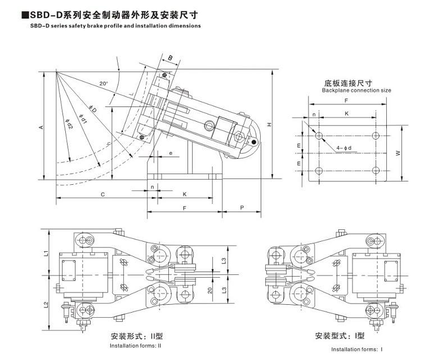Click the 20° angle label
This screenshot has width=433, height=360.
[103, 83]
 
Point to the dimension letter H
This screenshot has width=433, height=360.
[270, 124]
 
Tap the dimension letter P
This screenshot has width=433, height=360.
[241, 207]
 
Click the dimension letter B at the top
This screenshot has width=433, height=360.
[170, 57]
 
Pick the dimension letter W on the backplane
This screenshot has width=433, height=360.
[398, 152]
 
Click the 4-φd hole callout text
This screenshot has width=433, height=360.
[344, 148]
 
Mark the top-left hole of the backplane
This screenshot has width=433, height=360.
[319, 135]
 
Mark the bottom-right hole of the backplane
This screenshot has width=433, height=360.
[376, 171]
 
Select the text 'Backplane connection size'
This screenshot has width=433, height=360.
[356, 90]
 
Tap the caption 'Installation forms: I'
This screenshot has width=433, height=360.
[356, 349]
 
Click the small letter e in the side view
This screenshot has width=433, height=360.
[171, 153]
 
